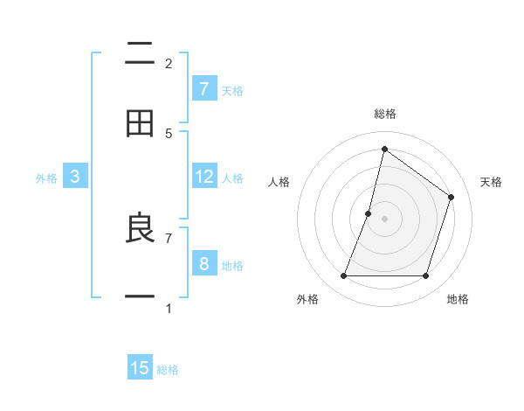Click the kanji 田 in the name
click(x=140, y=123)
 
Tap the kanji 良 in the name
click(x=140, y=229)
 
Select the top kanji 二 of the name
click(x=140, y=54)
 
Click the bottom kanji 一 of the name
click(x=140, y=297)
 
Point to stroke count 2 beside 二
click(x=169, y=63)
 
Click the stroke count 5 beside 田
click(x=169, y=133)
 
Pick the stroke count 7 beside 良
click(x=169, y=237)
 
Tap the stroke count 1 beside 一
click(x=169, y=308)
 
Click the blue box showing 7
click(x=204, y=88)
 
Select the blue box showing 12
click(x=204, y=177)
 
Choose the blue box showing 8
click(x=204, y=263)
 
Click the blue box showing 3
click(x=75, y=177)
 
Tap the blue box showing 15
click(x=140, y=368)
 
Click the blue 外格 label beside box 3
click(x=46, y=178)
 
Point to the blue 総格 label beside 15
click(x=168, y=369)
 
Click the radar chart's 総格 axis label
click(x=384, y=114)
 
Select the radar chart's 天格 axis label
click(x=491, y=182)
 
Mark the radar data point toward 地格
click(x=425, y=276)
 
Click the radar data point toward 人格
click(x=369, y=213)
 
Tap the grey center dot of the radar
click(x=384, y=219)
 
